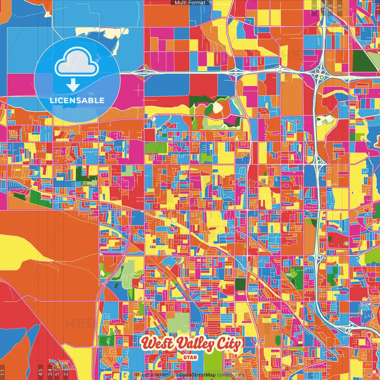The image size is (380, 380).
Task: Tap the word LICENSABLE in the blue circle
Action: pyautogui.click(x=77, y=100)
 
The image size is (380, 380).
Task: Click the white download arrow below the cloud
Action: pyautogui.click(x=73, y=85)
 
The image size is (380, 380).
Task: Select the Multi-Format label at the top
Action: pyautogui.click(x=190, y=3)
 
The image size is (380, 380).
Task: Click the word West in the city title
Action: pyautogui.click(x=157, y=344)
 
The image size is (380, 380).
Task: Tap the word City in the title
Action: pyautogui.click(x=229, y=344)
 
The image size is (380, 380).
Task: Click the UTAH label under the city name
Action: pyautogui.click(x=190, y=357)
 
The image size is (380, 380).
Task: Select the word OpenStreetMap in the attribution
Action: pyautogui.click(x=197, y=375)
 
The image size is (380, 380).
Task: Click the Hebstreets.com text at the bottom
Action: pyautogui.click(x=153, y=375)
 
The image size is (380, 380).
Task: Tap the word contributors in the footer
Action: pyautogui.click(x=230, y=375)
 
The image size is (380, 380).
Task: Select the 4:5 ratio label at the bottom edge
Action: pyautogui.click(x=40, y=372)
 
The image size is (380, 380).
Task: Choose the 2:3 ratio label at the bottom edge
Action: pyautogui.click(x=66, y=372)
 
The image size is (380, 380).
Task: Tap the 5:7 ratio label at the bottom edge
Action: pyautogui.click(x=57, y=372)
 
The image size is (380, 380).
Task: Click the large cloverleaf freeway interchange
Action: pyautogui.click(x=319, y=72)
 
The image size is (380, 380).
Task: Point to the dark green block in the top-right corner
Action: pyautogui.click(x=363, y=61)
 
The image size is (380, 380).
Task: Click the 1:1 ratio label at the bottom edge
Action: pyautogui.click(x=2, y=372)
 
